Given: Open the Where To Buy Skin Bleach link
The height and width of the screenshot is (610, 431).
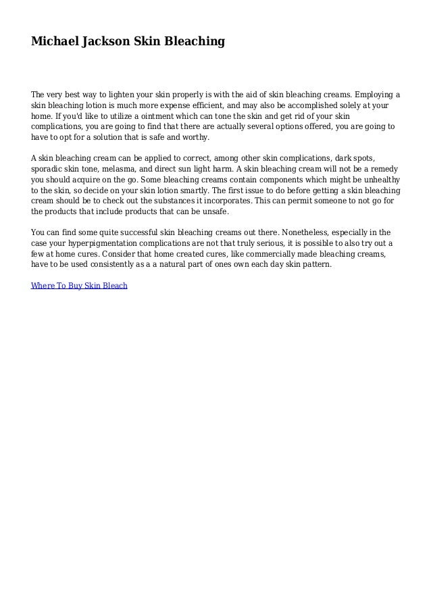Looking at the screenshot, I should (80, 286).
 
